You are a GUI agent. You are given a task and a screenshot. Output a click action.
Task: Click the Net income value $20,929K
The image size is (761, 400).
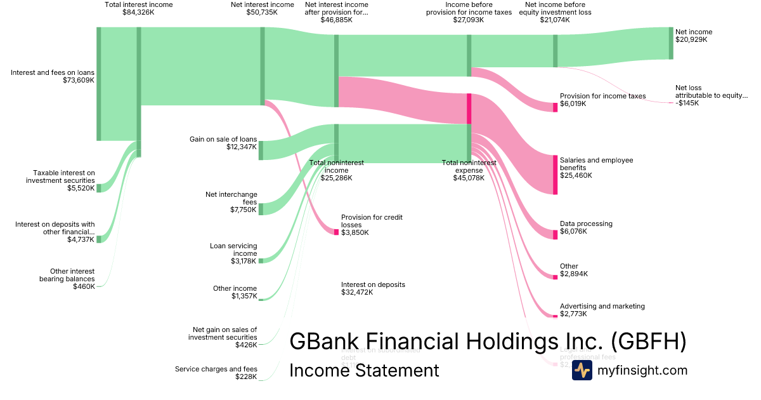tap(691, 39)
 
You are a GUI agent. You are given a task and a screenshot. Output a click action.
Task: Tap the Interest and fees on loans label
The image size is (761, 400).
tap(53, 72)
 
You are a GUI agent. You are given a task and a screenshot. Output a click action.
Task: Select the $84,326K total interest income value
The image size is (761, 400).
tap(138, 12)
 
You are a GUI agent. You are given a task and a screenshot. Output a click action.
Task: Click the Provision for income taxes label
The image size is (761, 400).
tap(602, 96)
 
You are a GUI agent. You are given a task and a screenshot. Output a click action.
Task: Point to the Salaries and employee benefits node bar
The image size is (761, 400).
tap(555, 175)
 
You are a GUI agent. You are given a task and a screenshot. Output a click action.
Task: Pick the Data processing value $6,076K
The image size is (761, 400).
tap(573, 232)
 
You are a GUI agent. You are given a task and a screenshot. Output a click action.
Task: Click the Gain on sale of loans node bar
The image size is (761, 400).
tap(261, 150)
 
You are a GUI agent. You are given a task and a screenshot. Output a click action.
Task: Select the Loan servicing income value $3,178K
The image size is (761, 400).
tap(244, 261)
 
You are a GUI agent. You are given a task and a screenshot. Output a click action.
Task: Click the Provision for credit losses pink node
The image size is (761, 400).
tap(336, 232)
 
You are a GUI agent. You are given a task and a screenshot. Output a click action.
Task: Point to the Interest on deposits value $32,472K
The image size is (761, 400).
tap(357, 293)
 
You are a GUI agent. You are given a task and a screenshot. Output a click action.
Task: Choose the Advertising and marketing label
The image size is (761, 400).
tap(602, 306)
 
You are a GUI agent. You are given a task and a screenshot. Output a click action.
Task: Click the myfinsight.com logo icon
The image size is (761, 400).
tap(582, 371)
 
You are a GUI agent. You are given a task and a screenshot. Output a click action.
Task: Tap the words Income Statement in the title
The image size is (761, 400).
tap(364, 370)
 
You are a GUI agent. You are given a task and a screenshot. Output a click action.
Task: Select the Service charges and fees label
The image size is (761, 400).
tap(216, 369)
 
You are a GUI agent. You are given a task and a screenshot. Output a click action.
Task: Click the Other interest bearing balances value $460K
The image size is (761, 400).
tap(84, 286)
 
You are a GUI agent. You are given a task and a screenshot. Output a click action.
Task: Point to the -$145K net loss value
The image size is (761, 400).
tap(687, 103)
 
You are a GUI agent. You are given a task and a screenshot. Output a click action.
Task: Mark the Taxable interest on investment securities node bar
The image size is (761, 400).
tap(98, 188)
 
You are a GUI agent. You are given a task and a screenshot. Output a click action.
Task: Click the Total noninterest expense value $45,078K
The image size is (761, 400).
tap(469, 178)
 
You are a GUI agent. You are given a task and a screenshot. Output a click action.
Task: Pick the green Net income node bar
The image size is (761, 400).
tap(671, 43)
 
